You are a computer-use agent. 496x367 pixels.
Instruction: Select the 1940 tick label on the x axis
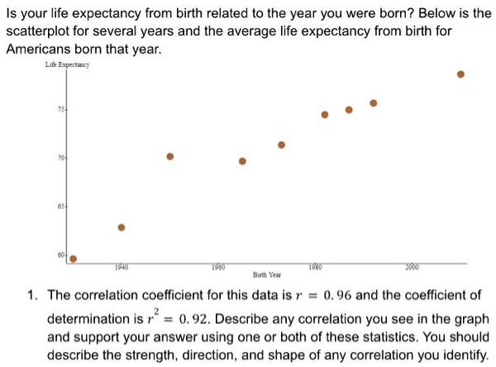pos(121,266)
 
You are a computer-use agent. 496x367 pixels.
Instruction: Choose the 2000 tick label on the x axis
pos(413,266)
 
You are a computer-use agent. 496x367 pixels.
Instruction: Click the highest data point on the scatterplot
pos(461,74)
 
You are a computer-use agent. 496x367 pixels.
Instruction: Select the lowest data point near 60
pos(73,259)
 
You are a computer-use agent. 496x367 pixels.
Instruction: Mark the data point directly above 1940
pos(122,227)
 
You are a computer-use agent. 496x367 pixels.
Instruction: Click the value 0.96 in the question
pos(339,294)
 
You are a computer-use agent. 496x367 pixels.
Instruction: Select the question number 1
pos(31,294)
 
